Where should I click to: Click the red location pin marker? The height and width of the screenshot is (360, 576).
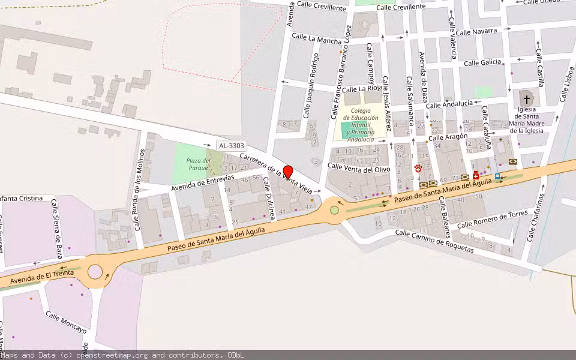tap(288, 172)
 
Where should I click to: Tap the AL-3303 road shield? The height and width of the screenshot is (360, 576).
tap(231, 145)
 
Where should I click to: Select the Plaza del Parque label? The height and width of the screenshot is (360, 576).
tap(198, 164)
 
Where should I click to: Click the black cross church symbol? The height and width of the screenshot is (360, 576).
tap(526, 99)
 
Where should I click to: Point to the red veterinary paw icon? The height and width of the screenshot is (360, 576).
tap(418, 169)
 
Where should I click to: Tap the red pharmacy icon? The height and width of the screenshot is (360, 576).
tap(476, 176)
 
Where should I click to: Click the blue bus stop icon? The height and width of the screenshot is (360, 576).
tap(497, 176)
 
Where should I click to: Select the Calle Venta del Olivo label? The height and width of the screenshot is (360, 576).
tap(359, 169)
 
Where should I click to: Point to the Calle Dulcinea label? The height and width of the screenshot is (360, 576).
tap(268, 197)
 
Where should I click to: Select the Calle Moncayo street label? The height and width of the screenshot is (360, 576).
tap(66, 323)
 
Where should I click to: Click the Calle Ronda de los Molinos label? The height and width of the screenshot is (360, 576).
tap(139, 190)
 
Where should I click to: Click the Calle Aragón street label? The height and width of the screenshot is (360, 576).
tap(448, 137)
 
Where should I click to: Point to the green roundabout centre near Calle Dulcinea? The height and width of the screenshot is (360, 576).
tap(334, 210)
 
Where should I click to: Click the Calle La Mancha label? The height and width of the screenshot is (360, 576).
tap(317, 39)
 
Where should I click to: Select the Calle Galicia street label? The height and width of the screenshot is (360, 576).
tap(482, 62)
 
